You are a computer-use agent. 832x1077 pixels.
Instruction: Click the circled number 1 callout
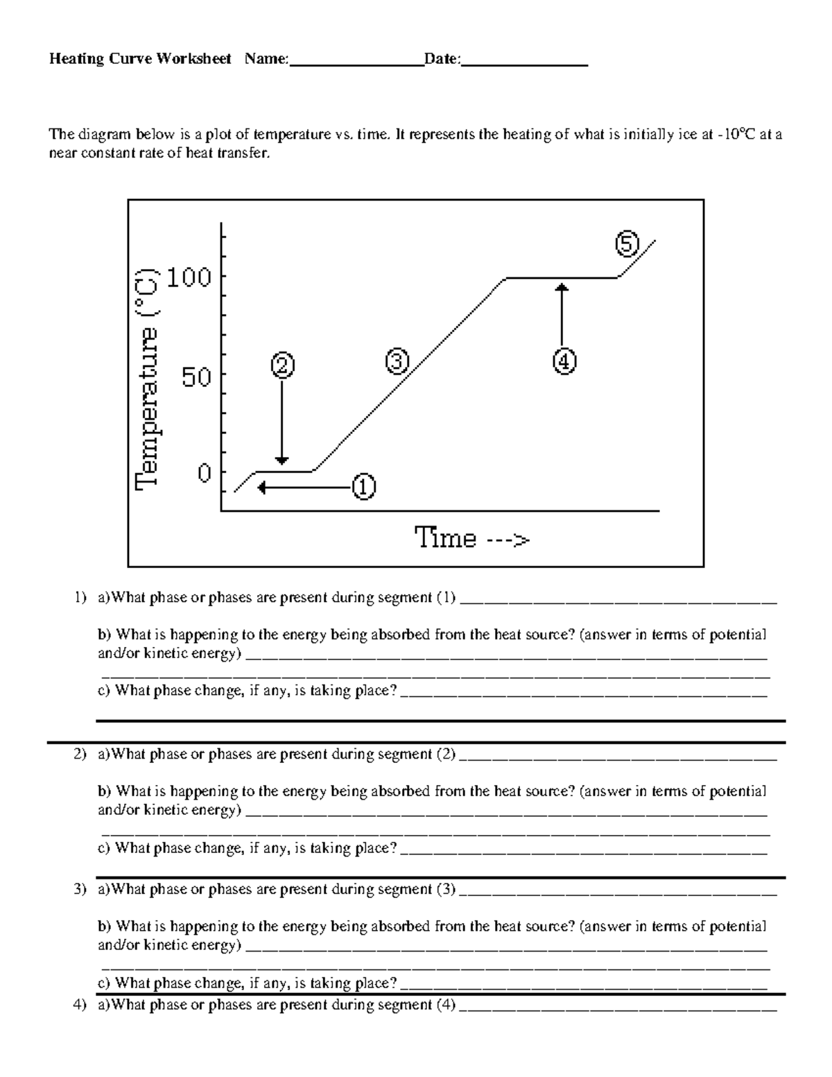tap(363, 488)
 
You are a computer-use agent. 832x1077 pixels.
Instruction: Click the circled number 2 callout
tap(282, 365)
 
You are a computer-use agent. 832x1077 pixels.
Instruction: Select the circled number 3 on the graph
tap(397, 361)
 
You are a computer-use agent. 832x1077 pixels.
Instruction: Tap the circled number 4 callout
tap(564, 361)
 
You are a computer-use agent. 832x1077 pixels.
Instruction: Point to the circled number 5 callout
tap(626, 245)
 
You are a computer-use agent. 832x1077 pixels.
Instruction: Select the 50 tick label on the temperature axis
tap(196, 377)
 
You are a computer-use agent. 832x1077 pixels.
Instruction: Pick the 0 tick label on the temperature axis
tap(204, 473)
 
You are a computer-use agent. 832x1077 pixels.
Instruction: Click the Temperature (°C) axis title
tap(148, 378)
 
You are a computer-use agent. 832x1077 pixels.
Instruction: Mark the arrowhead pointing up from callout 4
tap(562, 285)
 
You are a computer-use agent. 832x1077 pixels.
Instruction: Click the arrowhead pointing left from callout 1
tap(262, 488)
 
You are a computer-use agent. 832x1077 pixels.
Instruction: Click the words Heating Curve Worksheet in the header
tap(140, 59)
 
